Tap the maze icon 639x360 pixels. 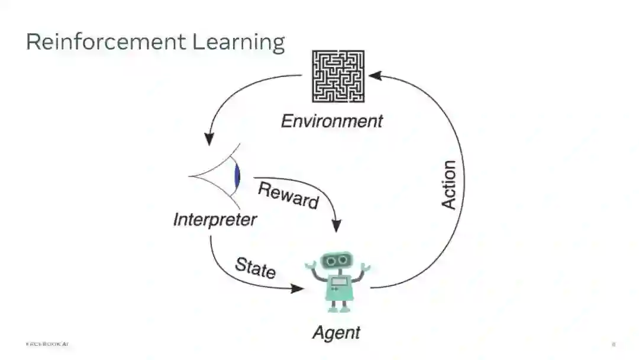point(338,76)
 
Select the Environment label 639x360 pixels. point(331,121)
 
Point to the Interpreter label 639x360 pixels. point(215,220)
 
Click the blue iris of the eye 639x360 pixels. point(237,176)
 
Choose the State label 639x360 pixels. point(255,267)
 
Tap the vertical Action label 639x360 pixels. point(449,184)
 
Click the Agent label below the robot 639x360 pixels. point(336,332)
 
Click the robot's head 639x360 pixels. point(337,261)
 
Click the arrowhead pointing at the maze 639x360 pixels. point(375,76)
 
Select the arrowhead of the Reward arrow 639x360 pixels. point(337,226)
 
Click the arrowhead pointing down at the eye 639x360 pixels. point(209,139)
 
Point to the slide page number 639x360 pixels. point(614,344)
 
